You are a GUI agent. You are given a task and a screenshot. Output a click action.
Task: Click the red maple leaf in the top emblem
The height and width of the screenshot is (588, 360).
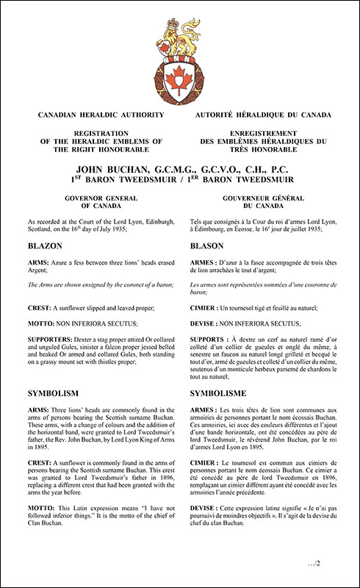180,76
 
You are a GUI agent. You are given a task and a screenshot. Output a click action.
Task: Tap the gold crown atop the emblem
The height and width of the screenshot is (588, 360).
180,29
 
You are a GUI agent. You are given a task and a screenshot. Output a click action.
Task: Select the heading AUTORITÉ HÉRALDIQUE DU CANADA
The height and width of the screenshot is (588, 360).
263,115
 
